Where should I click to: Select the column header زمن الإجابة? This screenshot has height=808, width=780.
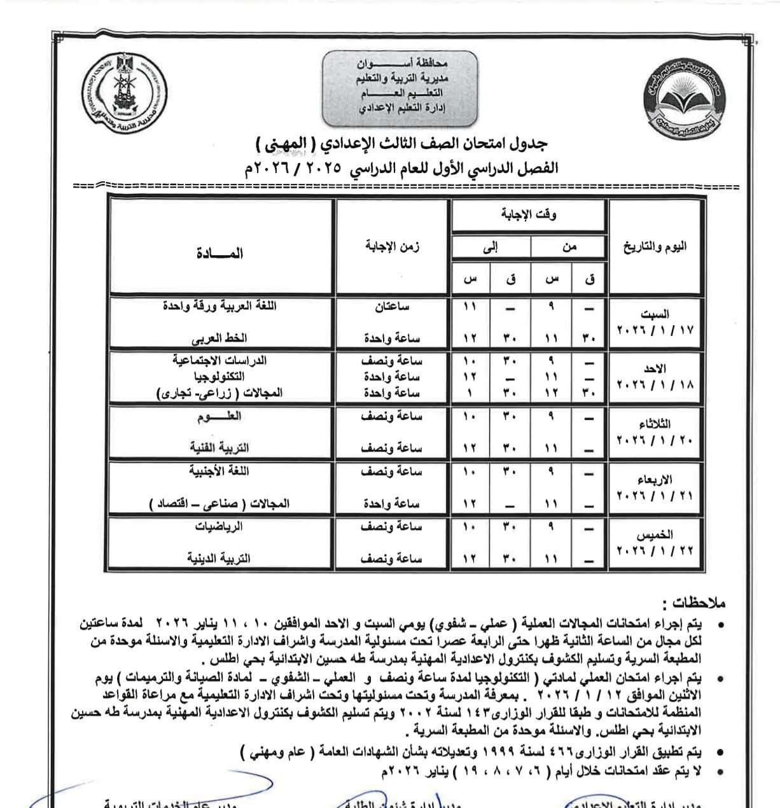pyautogui.click(x=393, y=247)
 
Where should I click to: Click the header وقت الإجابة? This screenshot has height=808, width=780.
pyautogui.click(x=529, y=215)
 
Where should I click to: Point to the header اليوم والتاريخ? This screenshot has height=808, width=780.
pyautogui.click(x=655, y=247)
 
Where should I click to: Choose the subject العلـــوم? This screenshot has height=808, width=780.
pyautogui.click(x=219, y=417)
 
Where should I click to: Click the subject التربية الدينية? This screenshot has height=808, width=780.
pyautogui.click(x=219, y=559)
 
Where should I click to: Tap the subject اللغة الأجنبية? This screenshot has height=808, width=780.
pyautogui.click(x=219, y=472)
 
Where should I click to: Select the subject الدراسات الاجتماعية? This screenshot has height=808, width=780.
pyautogui.click(x=219, y=361)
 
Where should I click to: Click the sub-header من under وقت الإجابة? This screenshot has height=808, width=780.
pyautogui.click(x=569, y=247)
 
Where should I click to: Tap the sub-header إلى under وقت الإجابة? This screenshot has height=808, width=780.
pyautogui.click(x=491, y=247)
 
